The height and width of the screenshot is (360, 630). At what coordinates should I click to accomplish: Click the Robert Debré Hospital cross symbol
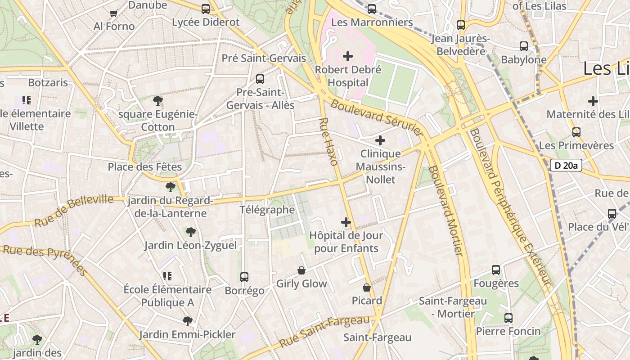348,56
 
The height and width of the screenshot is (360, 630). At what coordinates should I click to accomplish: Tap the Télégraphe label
267,210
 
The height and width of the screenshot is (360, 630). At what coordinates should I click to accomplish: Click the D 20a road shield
566,165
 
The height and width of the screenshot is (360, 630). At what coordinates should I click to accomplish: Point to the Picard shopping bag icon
367,288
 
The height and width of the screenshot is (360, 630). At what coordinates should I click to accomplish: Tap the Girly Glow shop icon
301,270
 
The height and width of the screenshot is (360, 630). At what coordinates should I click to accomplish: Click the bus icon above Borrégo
244,277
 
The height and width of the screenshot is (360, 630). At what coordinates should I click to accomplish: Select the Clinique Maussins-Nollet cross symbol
380,140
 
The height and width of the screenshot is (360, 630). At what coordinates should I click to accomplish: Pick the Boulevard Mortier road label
445,211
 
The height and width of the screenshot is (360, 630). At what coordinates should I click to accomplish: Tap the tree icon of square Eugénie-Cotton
157,101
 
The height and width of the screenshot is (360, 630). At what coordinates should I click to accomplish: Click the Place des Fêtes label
144,167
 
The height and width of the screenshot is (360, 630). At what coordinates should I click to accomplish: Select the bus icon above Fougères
496,270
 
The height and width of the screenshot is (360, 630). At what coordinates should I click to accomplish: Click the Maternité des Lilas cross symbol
593,101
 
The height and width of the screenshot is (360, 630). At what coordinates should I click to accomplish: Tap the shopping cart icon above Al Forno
114,13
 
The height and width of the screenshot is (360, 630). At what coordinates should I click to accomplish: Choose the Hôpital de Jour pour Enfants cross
346,222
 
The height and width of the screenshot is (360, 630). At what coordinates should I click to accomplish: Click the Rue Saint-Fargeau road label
324,332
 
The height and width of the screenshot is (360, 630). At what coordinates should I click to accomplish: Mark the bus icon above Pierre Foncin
508,318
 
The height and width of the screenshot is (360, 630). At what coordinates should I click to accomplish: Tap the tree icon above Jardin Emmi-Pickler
187,321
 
